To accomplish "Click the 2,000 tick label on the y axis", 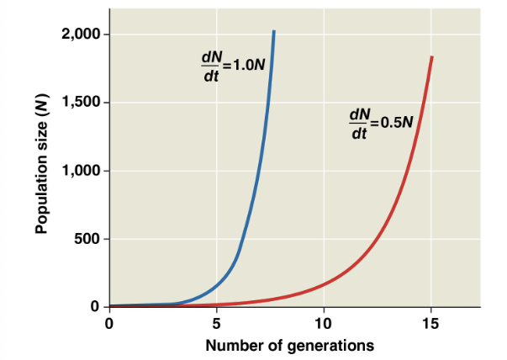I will (81, 34).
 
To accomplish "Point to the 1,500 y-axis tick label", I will (81, 103).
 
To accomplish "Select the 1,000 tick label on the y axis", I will (81, 171).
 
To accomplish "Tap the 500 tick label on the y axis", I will (87, 239).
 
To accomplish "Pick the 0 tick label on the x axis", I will (109, 323).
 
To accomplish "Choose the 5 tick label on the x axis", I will (216, 323).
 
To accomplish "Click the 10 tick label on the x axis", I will (324, 323).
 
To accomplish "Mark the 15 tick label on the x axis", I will (430, 323).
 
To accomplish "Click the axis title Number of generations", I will (290, 345).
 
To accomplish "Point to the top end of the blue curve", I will (273, 32).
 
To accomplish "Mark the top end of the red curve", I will (432, 57).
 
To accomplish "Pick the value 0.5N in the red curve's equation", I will (396, 122).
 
